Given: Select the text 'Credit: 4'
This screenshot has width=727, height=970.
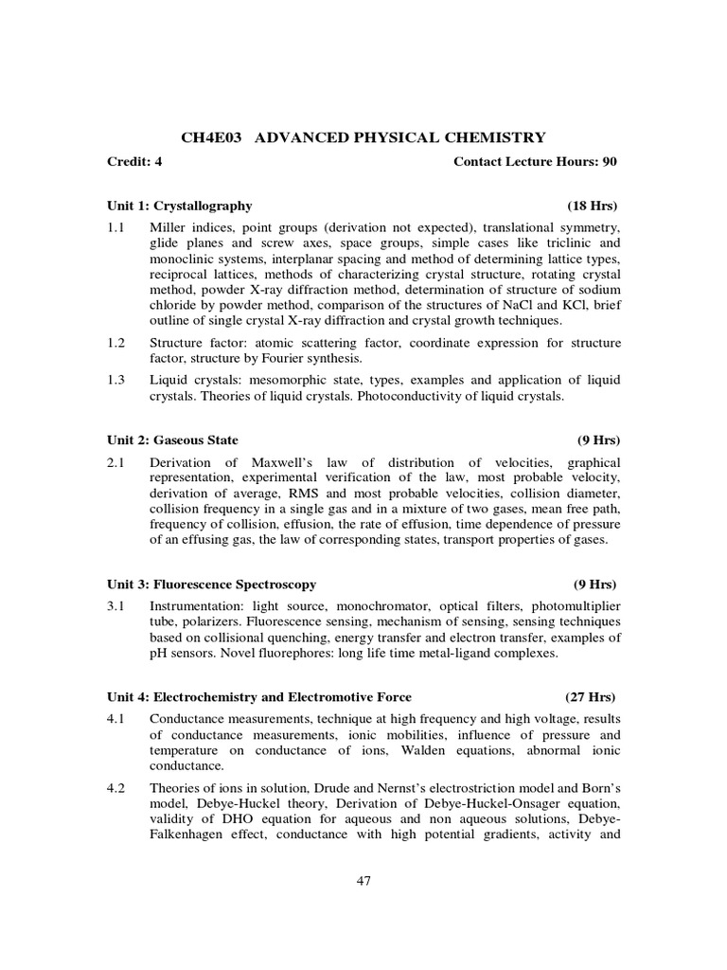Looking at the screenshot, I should (134, 162).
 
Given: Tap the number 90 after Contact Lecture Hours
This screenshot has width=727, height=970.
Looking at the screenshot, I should (609, 162).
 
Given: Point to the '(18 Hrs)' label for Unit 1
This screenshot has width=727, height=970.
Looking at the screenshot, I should (592, 206).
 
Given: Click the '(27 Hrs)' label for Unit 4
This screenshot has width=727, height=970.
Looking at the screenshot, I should (592, 696).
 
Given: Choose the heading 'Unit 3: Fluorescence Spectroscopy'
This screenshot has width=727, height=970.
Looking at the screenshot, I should (211, 584).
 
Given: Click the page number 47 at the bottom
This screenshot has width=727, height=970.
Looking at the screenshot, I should (363, 881).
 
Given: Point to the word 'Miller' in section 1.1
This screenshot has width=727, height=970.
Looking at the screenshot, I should (168, 228).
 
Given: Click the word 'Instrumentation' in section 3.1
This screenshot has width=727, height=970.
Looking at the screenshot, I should (191, 604).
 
